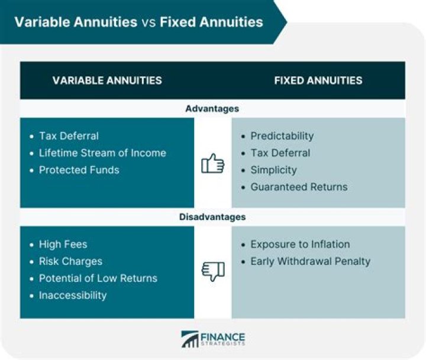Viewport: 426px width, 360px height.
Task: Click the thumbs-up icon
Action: [212, 163]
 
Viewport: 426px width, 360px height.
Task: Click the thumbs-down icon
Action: [212, 271]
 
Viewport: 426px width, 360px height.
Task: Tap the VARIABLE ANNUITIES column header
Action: [107, 80]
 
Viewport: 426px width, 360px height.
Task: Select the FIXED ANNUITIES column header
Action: [318, 80]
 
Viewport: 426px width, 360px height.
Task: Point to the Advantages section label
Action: [212, 109]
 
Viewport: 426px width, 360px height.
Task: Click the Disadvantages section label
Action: [212, 217]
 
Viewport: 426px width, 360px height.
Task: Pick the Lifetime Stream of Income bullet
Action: [102, 153]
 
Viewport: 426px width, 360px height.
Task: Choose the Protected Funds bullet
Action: [79, 170]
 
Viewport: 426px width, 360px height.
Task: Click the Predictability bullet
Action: [282, 135]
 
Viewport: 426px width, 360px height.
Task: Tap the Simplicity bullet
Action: [273, 170]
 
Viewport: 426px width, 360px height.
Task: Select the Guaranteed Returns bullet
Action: [299, 187]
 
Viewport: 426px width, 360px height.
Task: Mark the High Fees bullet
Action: [63, 244]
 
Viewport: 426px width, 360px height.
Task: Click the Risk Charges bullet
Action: [70, 261]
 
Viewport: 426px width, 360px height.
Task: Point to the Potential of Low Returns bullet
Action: [98, 278]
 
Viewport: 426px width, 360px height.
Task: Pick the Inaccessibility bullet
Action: [73, 295]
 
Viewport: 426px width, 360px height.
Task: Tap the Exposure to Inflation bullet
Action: [300, 244]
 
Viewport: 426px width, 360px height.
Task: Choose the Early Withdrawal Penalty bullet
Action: [310, 261]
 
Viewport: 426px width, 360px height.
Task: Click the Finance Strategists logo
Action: [213, 339]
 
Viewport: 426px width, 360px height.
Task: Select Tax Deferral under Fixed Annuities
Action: [280, 153]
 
